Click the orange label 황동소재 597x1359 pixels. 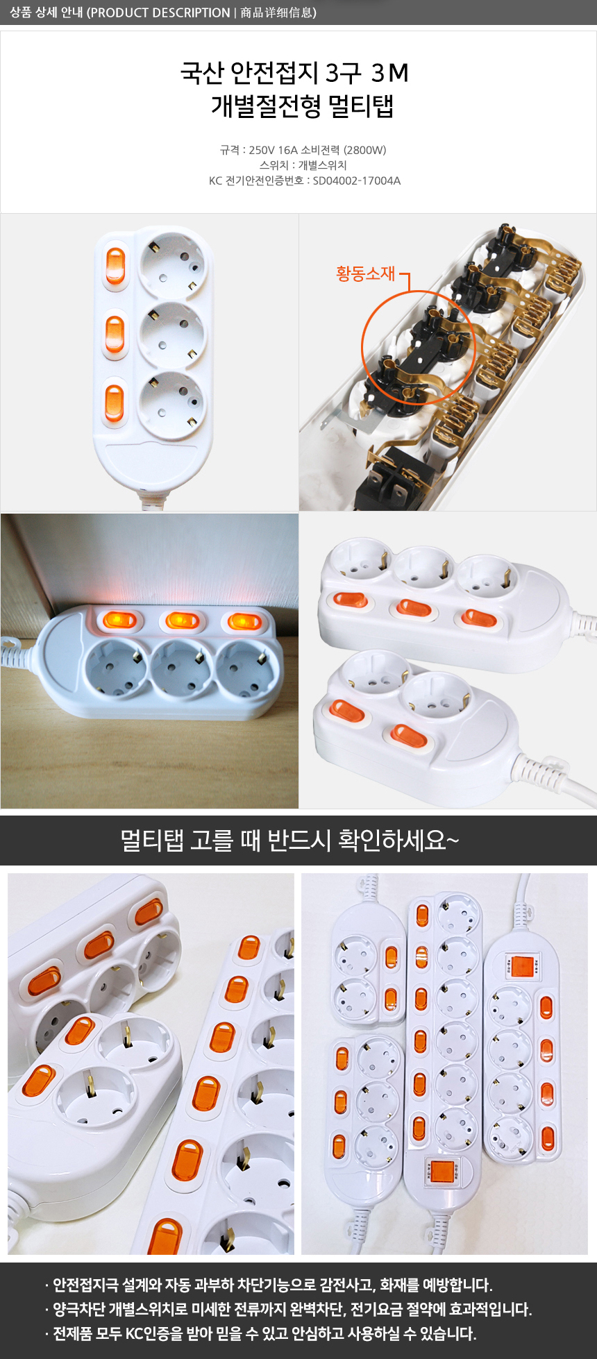point(366,273)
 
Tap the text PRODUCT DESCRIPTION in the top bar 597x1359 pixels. point(160,12)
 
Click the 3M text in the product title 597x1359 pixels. point(390,72)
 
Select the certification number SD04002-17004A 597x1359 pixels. point(357,180)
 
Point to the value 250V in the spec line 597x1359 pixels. point(262,150)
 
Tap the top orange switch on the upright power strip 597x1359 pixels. point(115,266)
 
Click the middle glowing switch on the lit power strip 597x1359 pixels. point(182,619)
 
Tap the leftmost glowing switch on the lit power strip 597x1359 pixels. point(119,619)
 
